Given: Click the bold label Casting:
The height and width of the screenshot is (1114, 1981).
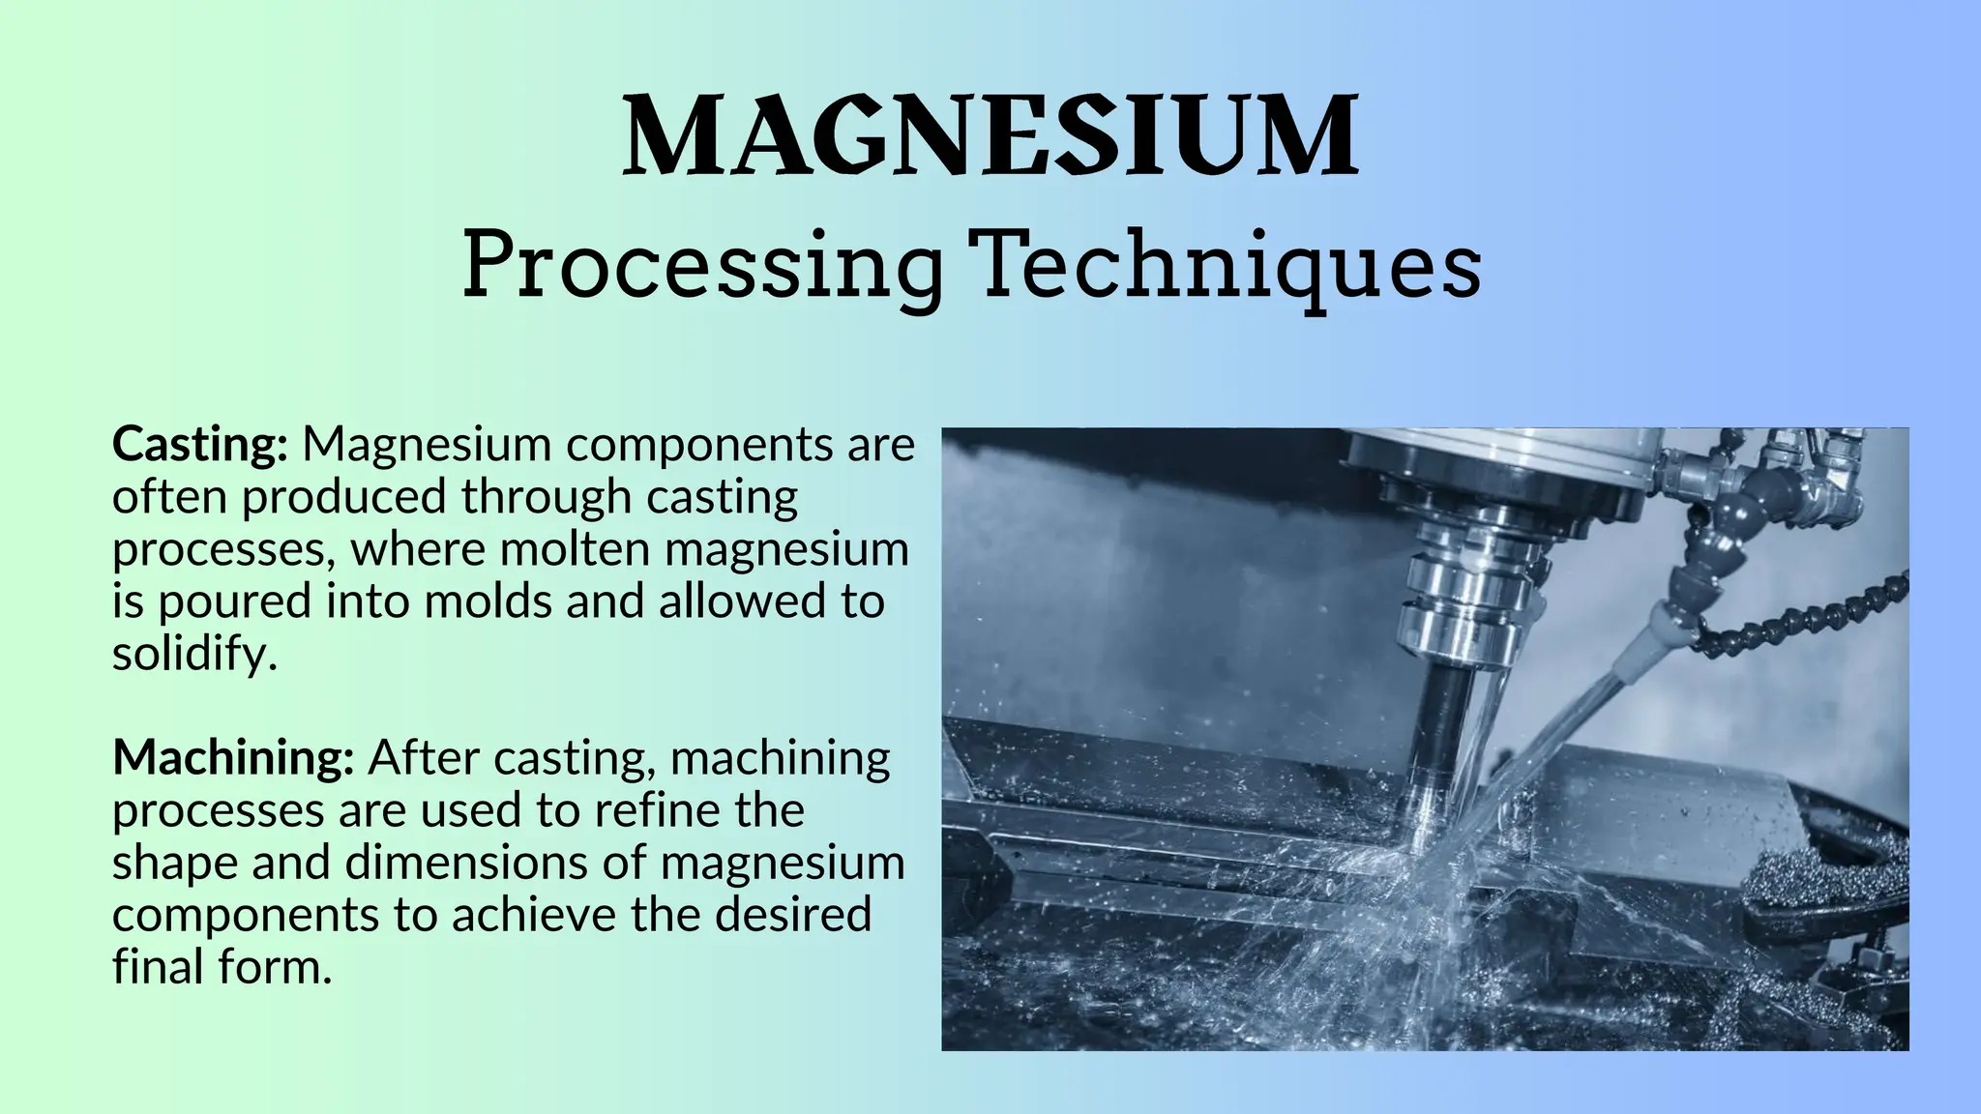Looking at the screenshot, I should [x=200, y=446].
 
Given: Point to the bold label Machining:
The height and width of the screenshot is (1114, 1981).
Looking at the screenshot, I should [x=233, y=758].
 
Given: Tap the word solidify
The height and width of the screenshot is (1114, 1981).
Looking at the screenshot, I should [x=194, y=655].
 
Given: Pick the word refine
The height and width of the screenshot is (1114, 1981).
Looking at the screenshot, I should [x=657, y=810].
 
